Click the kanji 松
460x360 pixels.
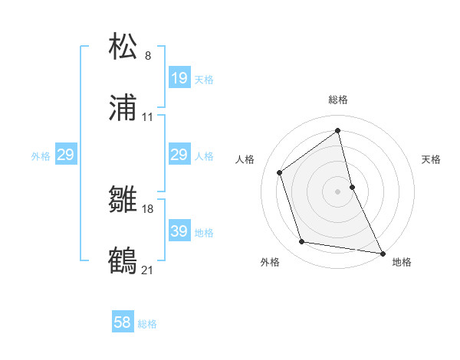(123, 47)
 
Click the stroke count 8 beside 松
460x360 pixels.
(148, 56)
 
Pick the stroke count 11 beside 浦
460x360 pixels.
(148, 118)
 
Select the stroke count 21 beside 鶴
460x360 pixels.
(148, 270)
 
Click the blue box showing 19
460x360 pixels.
(179, 78)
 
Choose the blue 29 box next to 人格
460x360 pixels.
(179, 155)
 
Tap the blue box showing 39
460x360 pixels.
(179, 231)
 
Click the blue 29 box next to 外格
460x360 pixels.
(65, 155)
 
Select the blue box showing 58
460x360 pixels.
(123, 322)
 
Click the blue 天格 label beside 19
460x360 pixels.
(204, 80)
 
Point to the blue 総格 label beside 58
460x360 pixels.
(147, 324)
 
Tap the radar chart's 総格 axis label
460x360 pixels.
(338, 100)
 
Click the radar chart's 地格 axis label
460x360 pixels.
(402, 262)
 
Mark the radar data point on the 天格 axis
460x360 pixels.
(352, 186)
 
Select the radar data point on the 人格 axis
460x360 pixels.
(280, 172)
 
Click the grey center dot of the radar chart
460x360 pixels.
(338, 191)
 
